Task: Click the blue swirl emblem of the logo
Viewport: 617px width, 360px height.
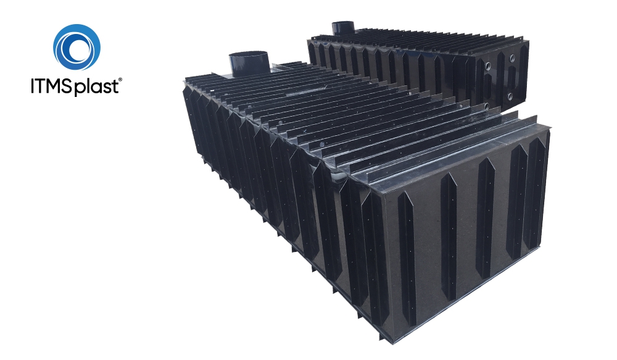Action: pyautogui.click(x=77, y=48)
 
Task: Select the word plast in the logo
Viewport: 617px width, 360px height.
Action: pyautogui.click(x=96, y=87)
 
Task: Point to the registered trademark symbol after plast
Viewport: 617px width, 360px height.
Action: pyautogui.click(x=120, y=80)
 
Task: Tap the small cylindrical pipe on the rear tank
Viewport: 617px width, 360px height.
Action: pyautogui.click(x=343, y=28)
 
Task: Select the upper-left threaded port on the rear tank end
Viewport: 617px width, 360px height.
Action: pyautogui.click(x=488, y=65)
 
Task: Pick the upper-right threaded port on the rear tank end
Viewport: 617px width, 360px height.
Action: pyautogui.click(x=512, y=59)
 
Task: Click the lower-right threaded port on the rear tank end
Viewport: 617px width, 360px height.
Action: pyautogui.click(x=510, y=96)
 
